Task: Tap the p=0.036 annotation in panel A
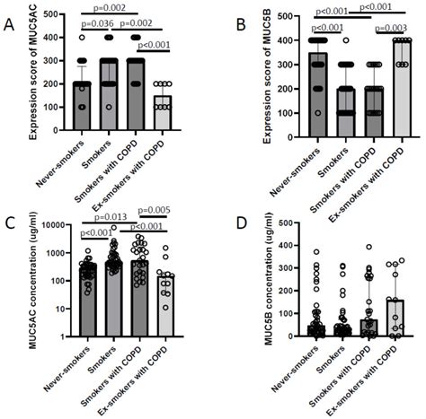[97, 22]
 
